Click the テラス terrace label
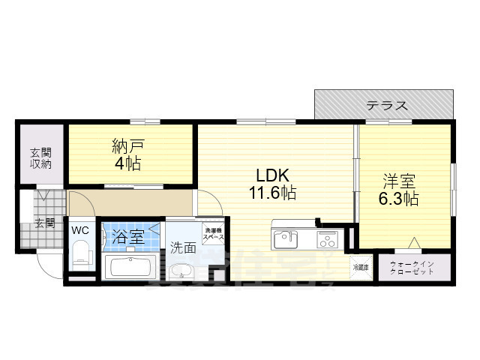coord(387,106)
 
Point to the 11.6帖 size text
coord(272,193)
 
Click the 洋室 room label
coord(398,182)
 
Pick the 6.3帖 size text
coord(398,199)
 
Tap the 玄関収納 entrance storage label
coord(40,158)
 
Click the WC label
coord(80,230)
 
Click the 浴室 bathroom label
coord(128,238)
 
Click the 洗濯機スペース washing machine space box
coord(214,232)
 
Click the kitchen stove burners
coord(327,240)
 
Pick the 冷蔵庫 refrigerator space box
coord(360,265)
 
